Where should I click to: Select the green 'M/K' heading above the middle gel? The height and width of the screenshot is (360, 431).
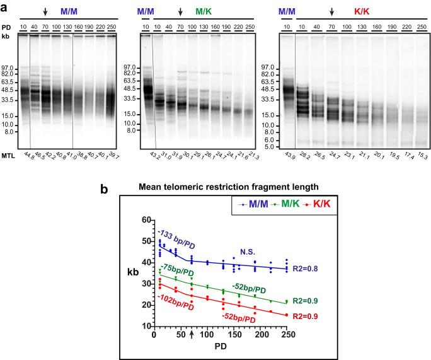click(204, 12)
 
